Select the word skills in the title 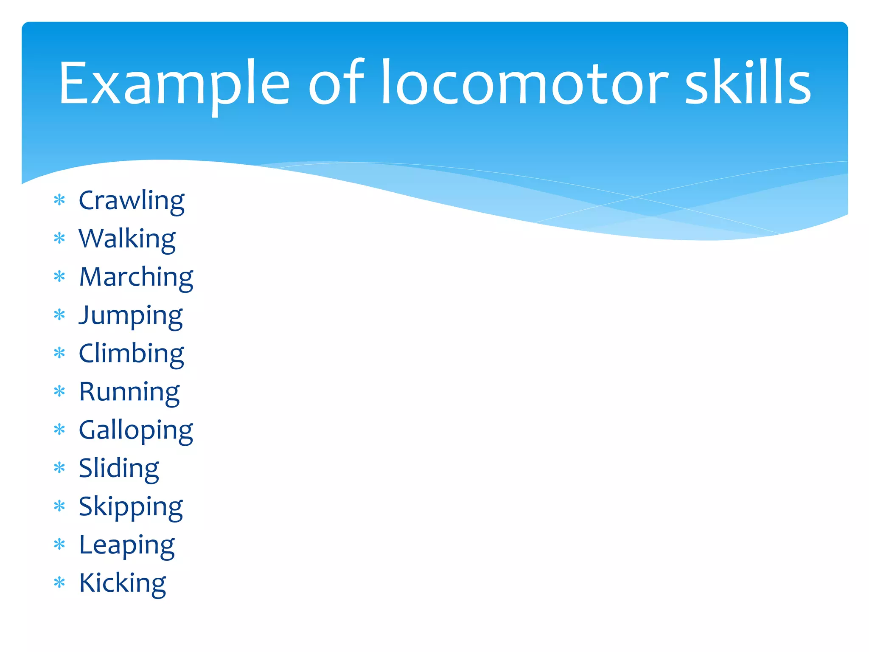point(748,83)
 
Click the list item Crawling point(132,200)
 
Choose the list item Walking point(127,239)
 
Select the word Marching point(136,277)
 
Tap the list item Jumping point(131,315)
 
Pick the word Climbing point(132,354)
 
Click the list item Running point(129,392)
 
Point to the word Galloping point(136,430)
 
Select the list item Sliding point(119,468)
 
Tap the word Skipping point(131,507)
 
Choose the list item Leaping point(127,545)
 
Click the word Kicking point(123,583)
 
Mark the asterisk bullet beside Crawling point(60,200)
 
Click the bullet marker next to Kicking point(60,582)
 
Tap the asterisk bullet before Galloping point(60,429)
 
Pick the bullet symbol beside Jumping point(60,315)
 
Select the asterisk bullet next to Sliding point(60,468)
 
